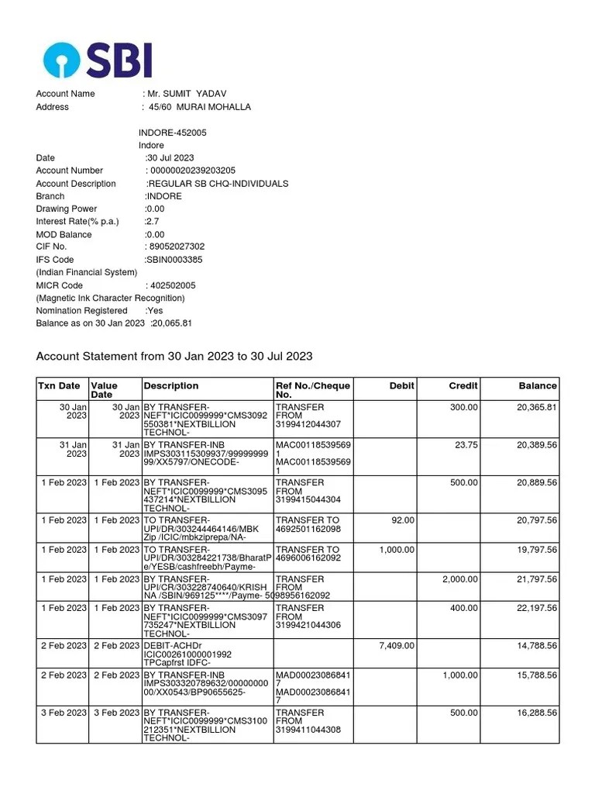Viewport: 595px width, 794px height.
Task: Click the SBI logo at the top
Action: tap(98, 60)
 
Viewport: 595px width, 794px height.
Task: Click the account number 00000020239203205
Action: tap(193, 171)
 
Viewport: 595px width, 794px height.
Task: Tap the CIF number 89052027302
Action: tap(177, 247)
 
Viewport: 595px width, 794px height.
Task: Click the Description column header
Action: tap(171, 386)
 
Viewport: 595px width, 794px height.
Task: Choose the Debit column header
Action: tap(402, 386)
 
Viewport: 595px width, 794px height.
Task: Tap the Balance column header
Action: tap(538, 386)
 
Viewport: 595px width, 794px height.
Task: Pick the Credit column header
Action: tap(463, 386)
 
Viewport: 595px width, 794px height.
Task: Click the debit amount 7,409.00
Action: tap(396, 646)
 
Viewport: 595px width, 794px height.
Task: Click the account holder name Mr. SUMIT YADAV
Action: tap(185, 94)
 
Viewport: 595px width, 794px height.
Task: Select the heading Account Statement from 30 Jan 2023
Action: tap(174, 356)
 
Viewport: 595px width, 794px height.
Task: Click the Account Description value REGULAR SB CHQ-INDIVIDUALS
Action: tap(218, 184)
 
